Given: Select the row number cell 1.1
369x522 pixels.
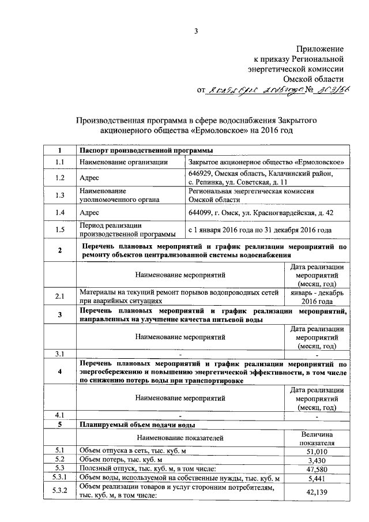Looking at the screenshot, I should tap(59, 163).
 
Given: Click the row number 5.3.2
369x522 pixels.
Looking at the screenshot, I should tap(59, 492).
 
